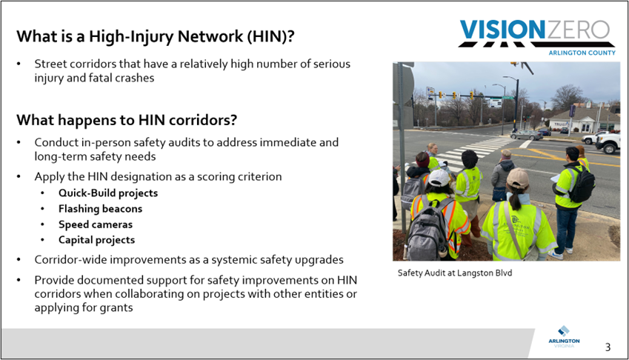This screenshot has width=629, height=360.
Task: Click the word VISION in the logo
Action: click(502, 30)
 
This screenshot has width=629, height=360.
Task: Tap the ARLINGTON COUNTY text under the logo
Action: click(581, 53)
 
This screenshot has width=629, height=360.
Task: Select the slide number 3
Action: click(608, 347)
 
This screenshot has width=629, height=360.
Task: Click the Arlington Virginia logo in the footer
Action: click(564, 337)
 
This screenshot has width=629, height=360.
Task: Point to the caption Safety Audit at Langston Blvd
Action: click(454, 273)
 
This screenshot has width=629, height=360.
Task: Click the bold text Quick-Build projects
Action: click(108, 193)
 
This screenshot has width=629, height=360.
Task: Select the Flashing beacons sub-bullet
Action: click(100, 209)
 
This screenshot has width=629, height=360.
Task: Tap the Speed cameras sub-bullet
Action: click(96, 224)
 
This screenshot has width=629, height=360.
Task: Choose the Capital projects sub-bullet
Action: click(96, 240)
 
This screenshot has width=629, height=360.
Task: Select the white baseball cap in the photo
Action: click(439, 178)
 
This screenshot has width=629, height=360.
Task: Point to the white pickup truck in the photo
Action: click(608, 141)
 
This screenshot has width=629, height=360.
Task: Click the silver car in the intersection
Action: click(525, 135)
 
